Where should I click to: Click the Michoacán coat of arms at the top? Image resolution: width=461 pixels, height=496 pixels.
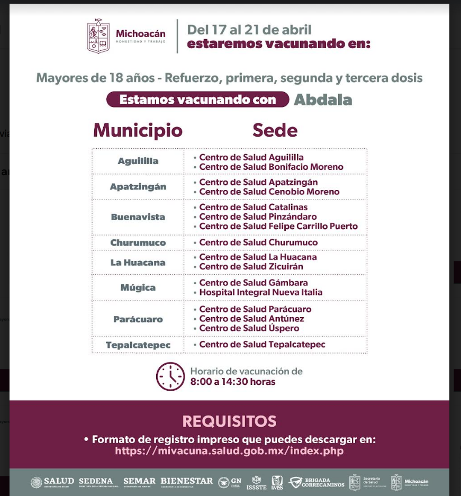[98, 36]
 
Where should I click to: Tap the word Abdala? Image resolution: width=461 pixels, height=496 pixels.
[323, 100]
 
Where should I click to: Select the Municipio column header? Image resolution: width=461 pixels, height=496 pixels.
[138, 130]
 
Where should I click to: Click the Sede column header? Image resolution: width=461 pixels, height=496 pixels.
[275, 130]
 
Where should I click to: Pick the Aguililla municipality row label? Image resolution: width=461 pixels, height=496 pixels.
[138, 161]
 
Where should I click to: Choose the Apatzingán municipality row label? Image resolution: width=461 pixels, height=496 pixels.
[138, 186]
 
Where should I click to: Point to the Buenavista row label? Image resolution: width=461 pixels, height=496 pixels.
[138, 217]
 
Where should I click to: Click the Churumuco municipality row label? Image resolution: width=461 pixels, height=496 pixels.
[138, 242]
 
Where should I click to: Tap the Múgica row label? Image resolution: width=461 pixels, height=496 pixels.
[138, 287]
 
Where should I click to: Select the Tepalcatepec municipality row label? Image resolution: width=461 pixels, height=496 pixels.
[138, 345]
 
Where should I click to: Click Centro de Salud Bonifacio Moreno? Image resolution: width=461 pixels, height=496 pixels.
[271, 167]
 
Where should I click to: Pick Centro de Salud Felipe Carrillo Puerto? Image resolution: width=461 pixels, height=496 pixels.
[278, 226]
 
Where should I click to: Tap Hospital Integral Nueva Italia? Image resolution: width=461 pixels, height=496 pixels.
[260, 292]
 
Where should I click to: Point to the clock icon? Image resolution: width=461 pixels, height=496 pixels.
[170, 376]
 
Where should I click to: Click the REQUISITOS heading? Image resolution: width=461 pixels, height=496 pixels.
[229, 421]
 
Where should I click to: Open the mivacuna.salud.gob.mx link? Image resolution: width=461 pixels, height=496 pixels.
[229, 451]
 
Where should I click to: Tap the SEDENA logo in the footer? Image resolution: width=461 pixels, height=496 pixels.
[96, 482]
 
